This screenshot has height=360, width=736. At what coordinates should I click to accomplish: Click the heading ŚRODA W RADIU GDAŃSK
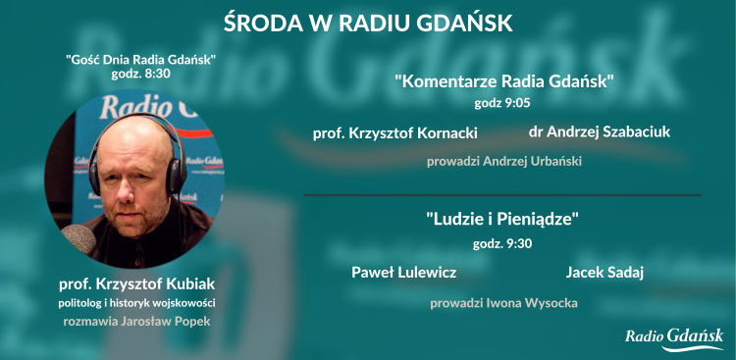click(x=368, y=21)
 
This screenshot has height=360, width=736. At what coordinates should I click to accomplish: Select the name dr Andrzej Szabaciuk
click(x=599, y=131)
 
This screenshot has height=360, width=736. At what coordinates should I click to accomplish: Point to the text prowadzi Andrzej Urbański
click(x=503, y=161)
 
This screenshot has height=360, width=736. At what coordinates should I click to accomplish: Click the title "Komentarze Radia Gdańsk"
click(x=503, y=81)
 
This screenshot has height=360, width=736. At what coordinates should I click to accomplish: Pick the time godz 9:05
click(x=503, y=102)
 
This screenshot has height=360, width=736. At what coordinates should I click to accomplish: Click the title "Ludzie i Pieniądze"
click(x=503, y=221)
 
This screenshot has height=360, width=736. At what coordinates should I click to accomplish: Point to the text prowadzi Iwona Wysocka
click(x=503, y=303)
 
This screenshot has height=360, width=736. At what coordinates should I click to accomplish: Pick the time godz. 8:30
click(x=141, y=74)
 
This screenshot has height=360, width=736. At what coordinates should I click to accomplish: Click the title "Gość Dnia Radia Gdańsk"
click(x=141, y=59)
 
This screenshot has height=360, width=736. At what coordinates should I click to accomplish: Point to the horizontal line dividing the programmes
click(x=503, y=195)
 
